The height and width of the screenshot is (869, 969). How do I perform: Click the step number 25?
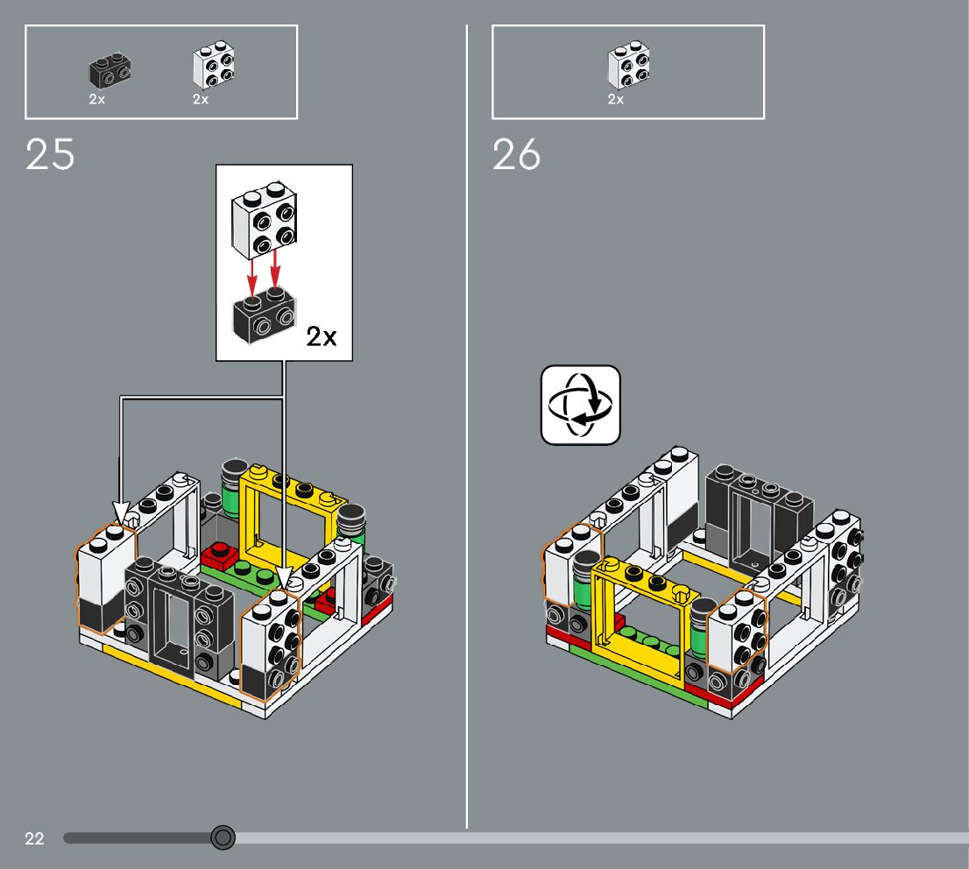pyautogui.click(x=51, y=155)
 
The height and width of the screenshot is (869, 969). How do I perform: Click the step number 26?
pyautogui.click(x=517, y=155)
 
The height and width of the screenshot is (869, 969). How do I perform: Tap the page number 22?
pyautogui.click(x=34, y=839)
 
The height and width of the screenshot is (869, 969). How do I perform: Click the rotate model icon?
pyautogui.click(x=580, y=405)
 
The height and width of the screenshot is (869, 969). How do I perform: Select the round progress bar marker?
pyautogui.click(x=223, y=838)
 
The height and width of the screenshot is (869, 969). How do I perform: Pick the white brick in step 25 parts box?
pyautogui.click(x=214, y=67)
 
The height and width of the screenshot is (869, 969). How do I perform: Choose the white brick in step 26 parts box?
pyautogui.click(x=629, y=67)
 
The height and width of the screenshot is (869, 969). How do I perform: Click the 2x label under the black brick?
pyautogui.click(x=96, y=100)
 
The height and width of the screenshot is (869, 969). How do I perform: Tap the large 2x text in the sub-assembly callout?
pyautogui.click(x=321, y=336)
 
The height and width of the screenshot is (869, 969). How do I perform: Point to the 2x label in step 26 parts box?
pyautogui.click(x=615, y=100)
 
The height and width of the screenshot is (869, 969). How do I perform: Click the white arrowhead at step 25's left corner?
pyautogui.click(x=121, y=510)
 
